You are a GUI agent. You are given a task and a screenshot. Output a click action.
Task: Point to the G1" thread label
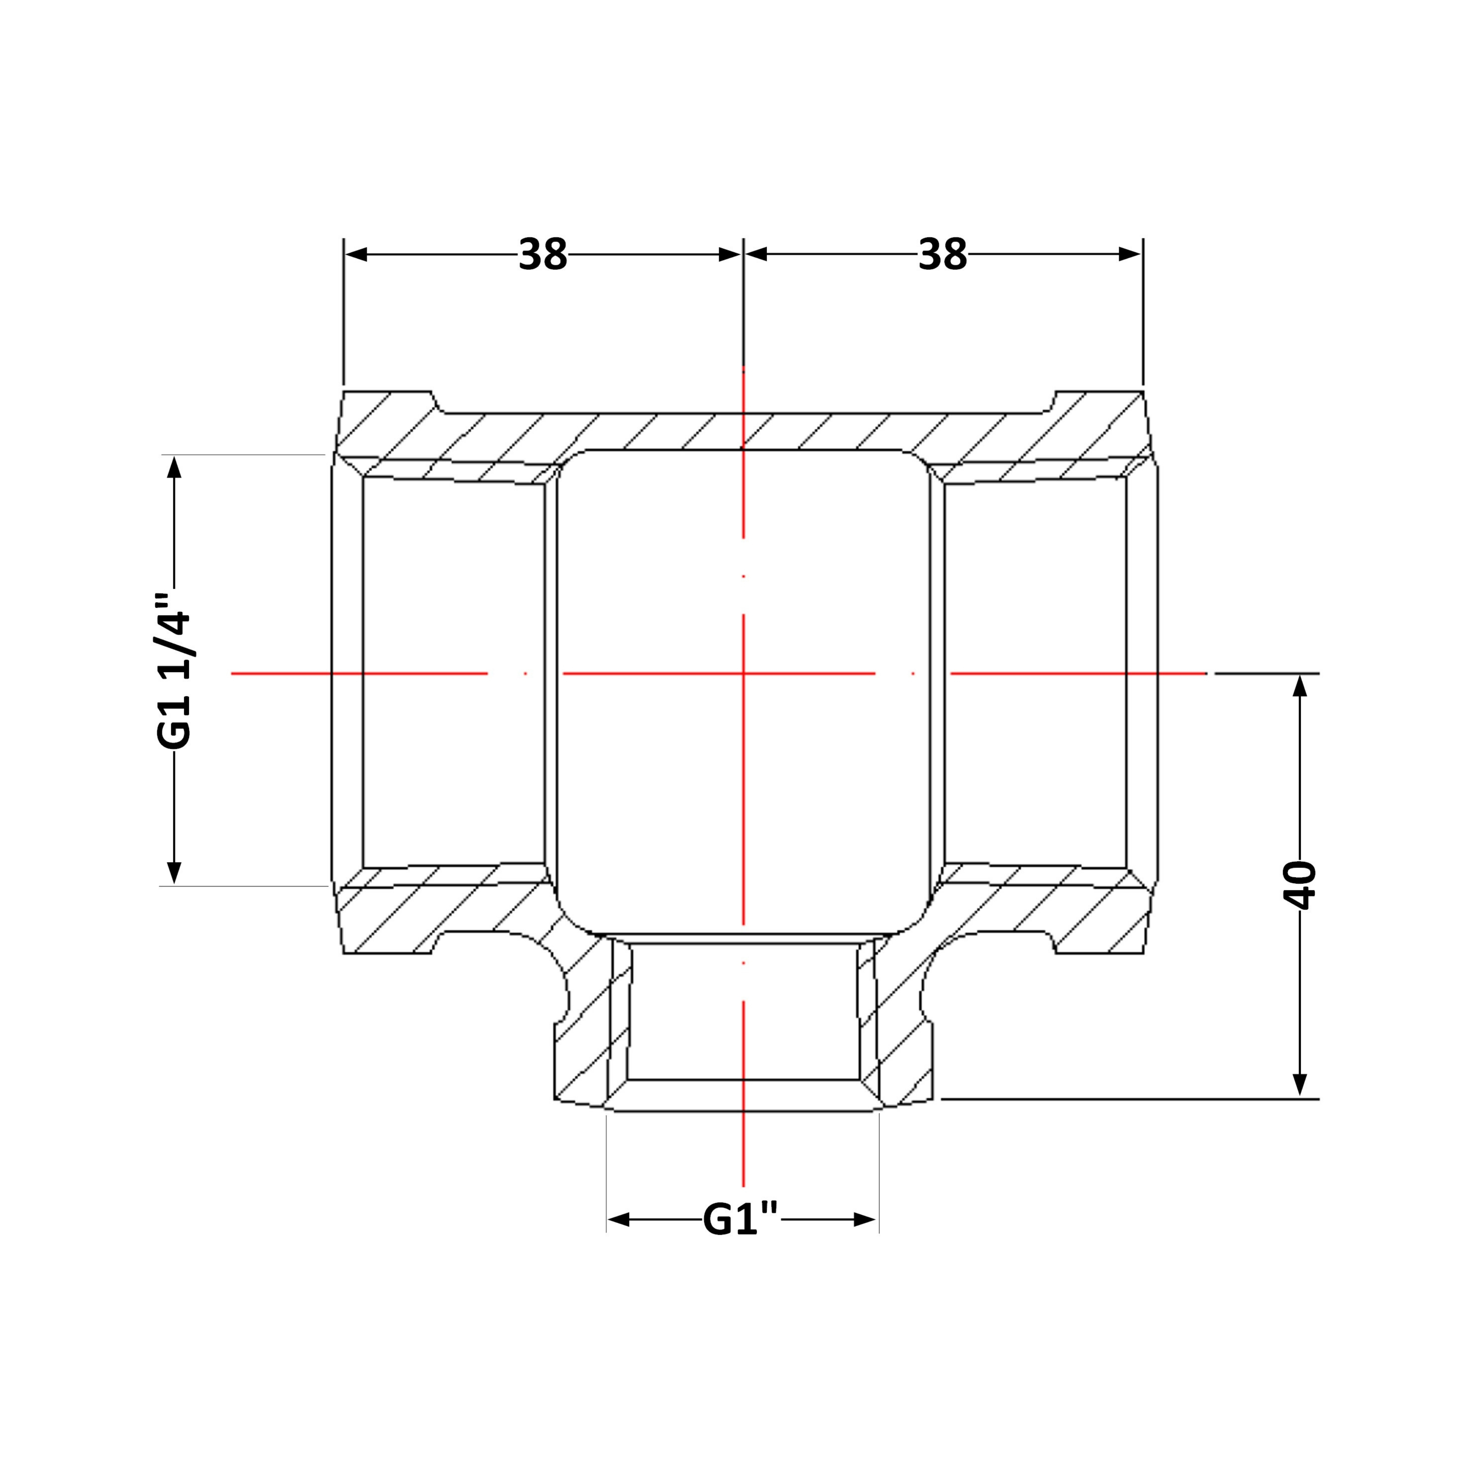pyautogui.click(x=741, y=1219)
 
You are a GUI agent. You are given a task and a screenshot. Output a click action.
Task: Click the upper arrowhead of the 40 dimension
pyautogui.click(x=1299, y=685)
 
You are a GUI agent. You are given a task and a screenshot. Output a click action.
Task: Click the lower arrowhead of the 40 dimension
pyautogui.click(x=1299, y=1084)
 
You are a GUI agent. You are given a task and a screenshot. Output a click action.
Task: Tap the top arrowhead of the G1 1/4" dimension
pyautogui.click(x=174, y=467)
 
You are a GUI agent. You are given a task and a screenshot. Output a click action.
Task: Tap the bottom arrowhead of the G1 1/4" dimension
pyautogui.click(x=174, y=872)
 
